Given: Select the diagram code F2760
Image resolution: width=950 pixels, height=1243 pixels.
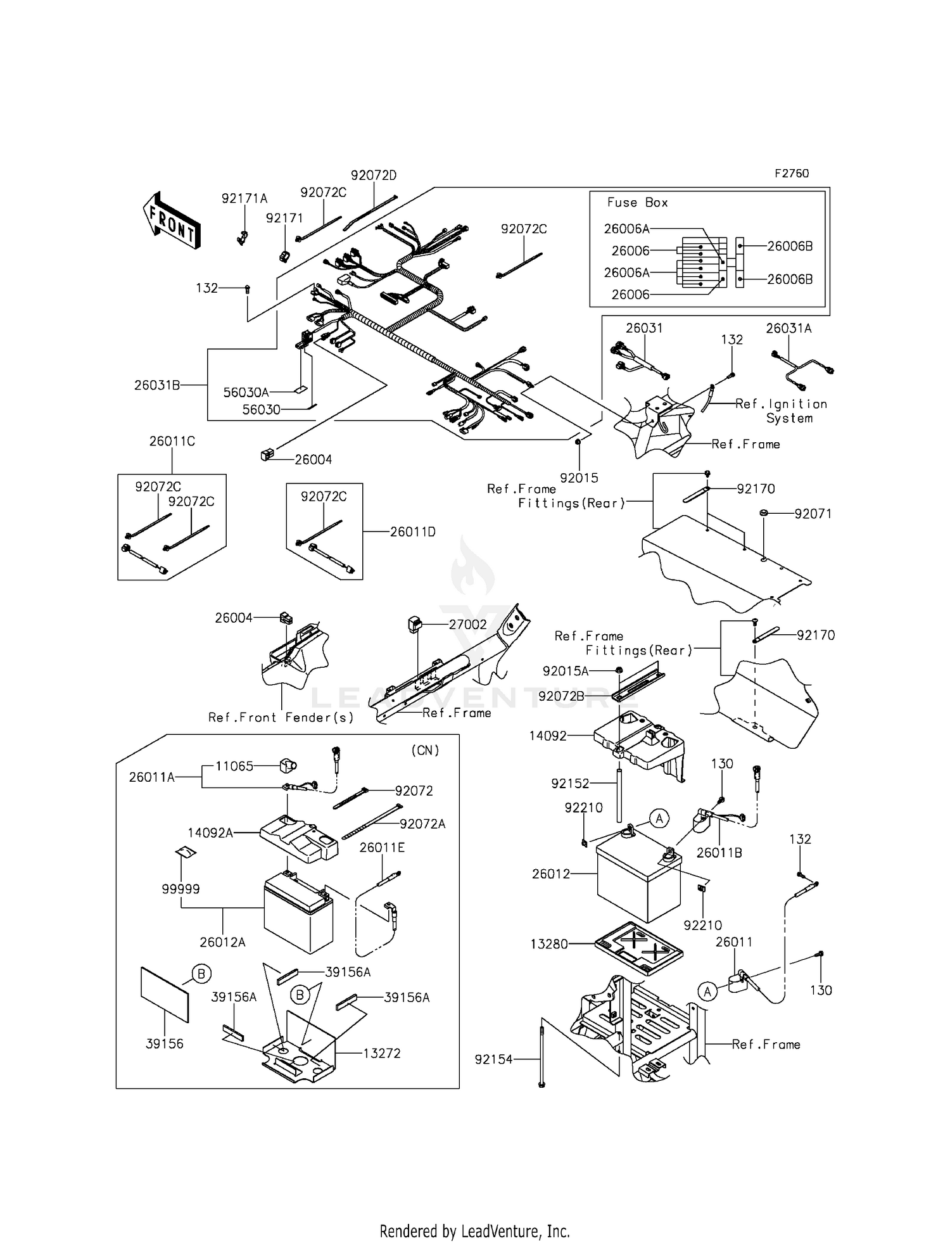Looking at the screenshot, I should [791, 174].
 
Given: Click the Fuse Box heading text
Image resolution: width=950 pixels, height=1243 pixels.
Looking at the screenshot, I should [637, 203].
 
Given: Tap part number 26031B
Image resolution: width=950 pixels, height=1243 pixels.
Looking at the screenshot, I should [157, 385].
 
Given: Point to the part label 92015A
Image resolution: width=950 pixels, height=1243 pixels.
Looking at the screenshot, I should [565, 671].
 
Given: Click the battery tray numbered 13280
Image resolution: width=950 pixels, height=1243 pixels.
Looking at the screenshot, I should [638, 948].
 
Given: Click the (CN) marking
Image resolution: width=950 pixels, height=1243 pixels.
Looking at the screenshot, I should [425, 750].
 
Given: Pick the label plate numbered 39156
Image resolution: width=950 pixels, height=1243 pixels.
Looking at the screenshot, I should [165, 995].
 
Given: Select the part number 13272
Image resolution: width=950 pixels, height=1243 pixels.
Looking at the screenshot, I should [381, 1053].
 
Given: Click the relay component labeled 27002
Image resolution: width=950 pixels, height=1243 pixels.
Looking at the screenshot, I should [415, 624].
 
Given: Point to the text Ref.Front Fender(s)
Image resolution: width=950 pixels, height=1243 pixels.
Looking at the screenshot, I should [281, 717].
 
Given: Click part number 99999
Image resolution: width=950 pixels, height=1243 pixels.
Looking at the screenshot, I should [180, 889].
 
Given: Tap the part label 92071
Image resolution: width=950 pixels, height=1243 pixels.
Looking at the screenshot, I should [813, 514].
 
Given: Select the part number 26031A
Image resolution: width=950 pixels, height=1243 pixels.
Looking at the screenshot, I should [788, 328].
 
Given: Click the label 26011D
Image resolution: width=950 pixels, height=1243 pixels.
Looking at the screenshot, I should [412, 532].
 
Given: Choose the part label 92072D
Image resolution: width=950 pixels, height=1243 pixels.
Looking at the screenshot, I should [374, 175].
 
